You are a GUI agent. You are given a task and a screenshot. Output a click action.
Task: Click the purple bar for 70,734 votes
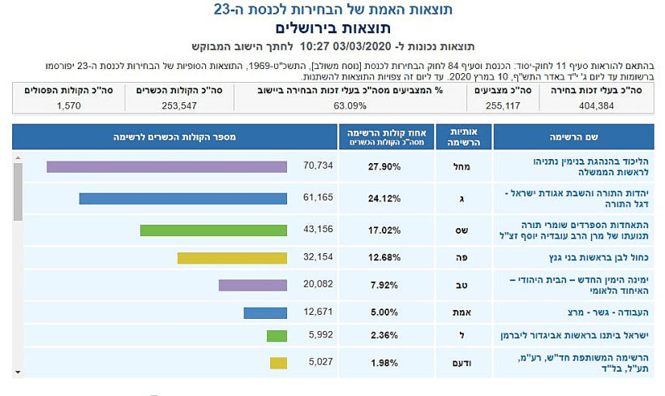pos(166,166)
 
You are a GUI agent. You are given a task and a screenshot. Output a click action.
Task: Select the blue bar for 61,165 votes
pos(182,198)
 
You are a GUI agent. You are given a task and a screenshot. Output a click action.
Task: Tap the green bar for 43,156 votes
pos(213,230)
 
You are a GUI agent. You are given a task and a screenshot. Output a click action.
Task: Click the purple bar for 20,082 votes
pos(252,286)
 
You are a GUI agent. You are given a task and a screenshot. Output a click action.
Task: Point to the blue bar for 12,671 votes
pos(265,312)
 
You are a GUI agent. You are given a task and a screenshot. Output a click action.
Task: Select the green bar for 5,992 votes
pos(277,336)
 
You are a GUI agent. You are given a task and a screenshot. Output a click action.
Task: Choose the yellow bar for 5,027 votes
pos(278,363)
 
